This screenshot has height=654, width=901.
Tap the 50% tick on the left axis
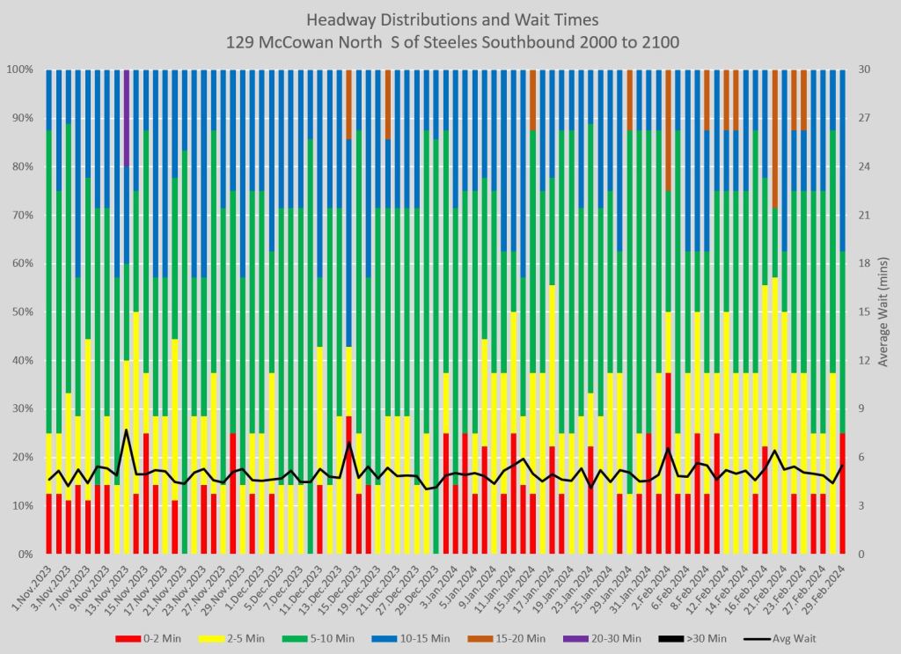pos(21,312)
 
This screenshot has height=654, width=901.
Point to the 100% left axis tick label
pos(19,70)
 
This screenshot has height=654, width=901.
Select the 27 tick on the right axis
pos(864,118)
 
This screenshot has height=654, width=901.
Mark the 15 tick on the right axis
pos(864,312)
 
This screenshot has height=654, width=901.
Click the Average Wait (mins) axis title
pos(883,312)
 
